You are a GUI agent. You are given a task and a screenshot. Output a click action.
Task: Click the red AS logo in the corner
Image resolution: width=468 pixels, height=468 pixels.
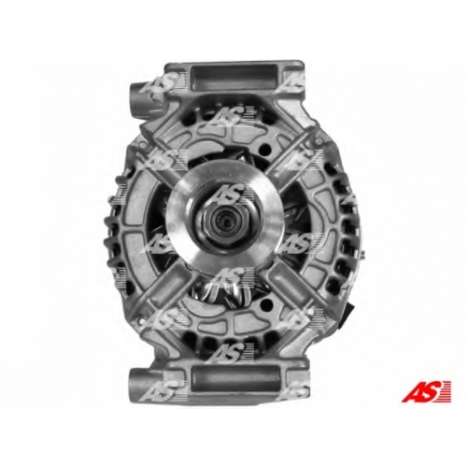[x=426, y=390]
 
